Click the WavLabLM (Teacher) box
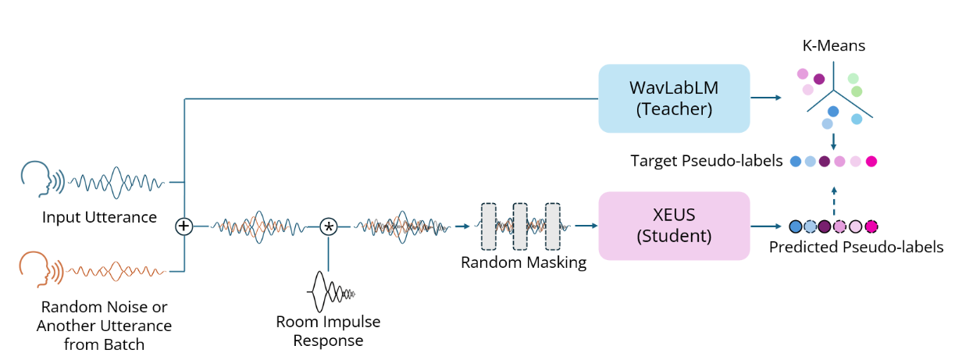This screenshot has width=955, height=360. [674, 98]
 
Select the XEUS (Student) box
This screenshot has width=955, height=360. [674, 226]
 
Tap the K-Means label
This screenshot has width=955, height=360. [834, 46]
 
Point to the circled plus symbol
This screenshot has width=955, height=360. [184, 226]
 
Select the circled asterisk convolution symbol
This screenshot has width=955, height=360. [329, 226]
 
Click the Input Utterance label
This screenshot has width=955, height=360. [99, 217]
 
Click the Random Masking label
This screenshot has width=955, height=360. [523, 263]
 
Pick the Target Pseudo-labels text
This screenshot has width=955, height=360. [707, 162]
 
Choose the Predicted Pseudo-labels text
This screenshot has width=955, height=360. [856, 248]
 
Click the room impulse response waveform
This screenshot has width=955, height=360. [331, 292]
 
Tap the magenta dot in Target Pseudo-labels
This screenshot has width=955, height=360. [871, 162]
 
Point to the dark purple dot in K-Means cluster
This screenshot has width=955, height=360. [818, 79]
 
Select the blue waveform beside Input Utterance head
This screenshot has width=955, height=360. [117, 182]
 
